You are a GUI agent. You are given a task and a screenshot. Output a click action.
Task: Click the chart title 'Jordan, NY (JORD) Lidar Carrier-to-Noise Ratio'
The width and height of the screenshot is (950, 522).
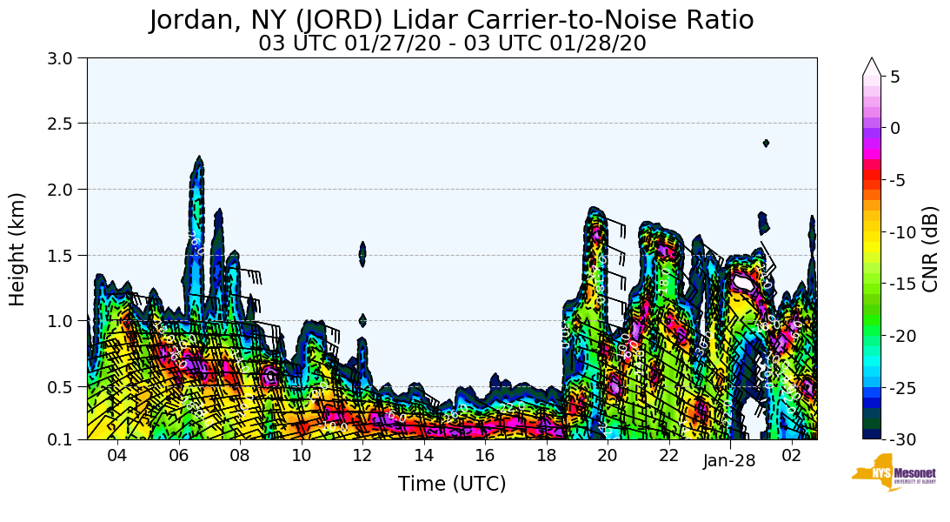[451, 20]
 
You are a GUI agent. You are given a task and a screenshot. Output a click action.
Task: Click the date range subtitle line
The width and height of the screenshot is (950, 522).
[452, 43]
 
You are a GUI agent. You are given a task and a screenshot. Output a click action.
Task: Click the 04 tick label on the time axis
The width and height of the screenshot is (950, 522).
[117, 456]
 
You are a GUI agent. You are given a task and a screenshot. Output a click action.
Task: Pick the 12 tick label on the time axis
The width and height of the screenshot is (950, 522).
[362, 456]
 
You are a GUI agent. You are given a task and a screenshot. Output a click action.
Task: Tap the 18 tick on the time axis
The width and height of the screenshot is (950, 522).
[546, 456]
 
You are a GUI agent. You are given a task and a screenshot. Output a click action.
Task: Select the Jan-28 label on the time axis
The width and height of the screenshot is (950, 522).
[729, 462]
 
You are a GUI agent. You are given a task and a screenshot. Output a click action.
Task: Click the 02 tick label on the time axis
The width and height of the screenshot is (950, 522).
[791, 456]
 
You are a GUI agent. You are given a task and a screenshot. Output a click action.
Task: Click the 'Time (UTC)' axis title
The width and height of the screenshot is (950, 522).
[452, 484]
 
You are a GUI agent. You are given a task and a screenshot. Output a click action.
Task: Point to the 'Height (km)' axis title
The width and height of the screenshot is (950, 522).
[18, 249]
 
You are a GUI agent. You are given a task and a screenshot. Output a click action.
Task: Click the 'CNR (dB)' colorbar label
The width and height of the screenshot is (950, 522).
[930, 249]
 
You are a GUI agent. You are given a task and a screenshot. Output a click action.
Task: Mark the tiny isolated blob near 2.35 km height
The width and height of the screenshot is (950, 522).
[766, 144]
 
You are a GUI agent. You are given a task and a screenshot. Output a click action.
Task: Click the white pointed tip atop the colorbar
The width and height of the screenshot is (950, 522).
[872, 66]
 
